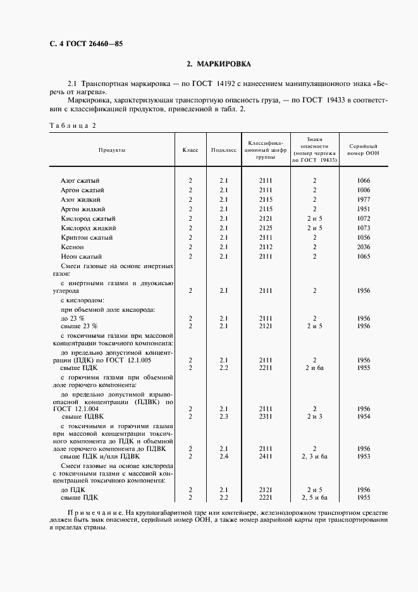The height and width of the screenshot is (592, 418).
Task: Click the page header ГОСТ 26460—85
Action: tap(81, 44)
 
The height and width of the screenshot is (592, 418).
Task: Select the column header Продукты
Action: tap(111, 150)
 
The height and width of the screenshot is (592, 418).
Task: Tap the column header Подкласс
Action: tap(224, 150)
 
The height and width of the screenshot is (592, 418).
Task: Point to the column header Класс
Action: tap(190, 150)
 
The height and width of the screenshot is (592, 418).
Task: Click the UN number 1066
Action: tap(363, 180)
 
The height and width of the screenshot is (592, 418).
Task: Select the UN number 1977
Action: tap(363, 199)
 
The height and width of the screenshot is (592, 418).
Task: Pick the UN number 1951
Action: tap(363, 209)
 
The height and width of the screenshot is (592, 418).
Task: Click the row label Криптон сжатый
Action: tap(87, 237)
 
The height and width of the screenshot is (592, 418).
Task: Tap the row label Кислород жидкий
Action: tap(87, 228)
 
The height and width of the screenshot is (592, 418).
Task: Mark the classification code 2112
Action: tap(265, 247)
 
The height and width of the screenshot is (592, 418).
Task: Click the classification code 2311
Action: tap(265, 416)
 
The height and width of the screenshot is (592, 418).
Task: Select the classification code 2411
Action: tap(265, 455)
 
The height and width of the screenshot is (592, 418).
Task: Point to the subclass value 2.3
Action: tap(224, 416)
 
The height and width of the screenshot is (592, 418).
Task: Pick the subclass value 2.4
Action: tap(224, 455)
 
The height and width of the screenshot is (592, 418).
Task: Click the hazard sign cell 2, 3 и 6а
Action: tap(314, 455)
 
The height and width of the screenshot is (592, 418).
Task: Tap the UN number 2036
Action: tap(363, 247)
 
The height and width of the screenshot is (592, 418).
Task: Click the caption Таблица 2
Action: tap(71, 125)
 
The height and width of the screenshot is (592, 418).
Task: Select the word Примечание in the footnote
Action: tap(92, 511)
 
